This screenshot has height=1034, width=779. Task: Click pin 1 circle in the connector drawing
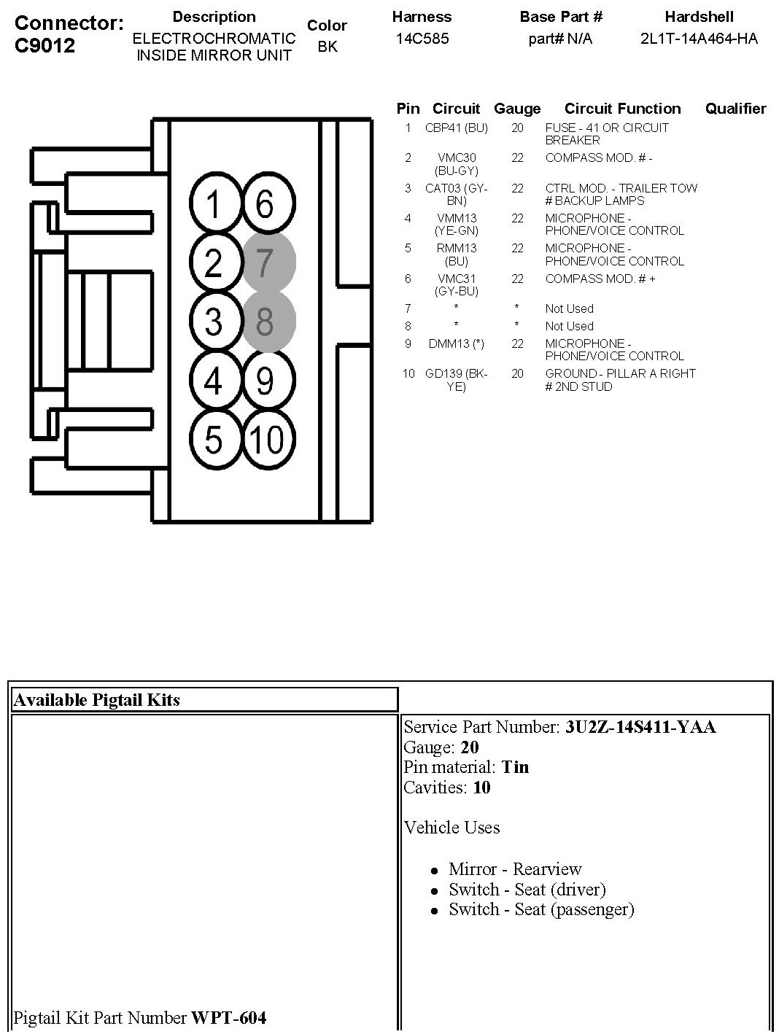pos(213,205)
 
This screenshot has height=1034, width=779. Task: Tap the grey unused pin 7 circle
pos(268,263)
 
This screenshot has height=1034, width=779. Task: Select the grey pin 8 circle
pos(268,322)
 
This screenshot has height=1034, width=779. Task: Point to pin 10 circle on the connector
pos(268,439)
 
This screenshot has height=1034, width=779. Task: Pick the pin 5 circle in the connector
pos(213,439)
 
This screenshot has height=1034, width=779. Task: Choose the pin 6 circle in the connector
pos(268,205)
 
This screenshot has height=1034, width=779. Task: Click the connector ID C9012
pos(44,45)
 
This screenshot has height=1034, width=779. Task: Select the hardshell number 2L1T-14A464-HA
pos(699,39)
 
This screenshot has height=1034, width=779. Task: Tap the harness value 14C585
pos(422,39)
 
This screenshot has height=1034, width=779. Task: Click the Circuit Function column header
pos(622,109)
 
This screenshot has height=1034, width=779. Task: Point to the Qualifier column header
pos(735,109)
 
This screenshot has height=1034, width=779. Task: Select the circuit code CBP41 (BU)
pos(457,128)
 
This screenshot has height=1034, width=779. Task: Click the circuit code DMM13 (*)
pos(457,343)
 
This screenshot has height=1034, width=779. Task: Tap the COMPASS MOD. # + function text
pos(600,279)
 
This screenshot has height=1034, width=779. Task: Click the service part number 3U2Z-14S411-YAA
pos(640,727)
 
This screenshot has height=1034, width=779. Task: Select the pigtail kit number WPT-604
pos(228,1017)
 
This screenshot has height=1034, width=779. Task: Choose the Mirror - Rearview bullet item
pos(515,869)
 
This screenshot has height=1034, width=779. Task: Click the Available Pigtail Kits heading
pos(96,700)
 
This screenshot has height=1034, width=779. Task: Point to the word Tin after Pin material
pos(515,767)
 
